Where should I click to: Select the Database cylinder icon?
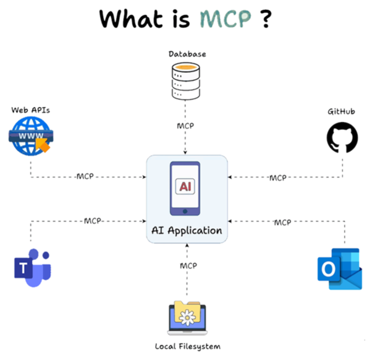[187, 82]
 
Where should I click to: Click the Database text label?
[187, 54]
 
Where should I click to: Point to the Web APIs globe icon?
[30, 137]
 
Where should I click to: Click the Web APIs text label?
[30, 110]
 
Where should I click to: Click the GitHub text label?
[342, 111]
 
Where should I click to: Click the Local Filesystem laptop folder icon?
[187, 318]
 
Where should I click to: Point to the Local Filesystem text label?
[187, 346]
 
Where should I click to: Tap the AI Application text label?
[187, 231]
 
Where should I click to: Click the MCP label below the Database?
[185, 126]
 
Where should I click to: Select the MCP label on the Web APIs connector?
[85, 177]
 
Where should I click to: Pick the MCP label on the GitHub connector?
[277, 178]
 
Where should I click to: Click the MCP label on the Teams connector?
[92, 220]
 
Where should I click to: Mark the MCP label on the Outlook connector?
[282, 221]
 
